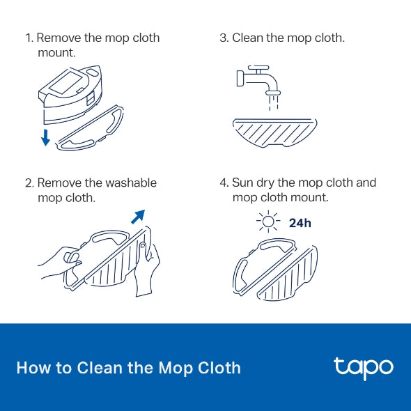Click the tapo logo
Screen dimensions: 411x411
point(363,367)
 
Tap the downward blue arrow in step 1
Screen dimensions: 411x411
point(46,137)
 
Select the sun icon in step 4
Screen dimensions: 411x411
point(267,223)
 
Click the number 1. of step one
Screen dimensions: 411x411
point(29,38)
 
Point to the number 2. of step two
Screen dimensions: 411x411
point(29,183)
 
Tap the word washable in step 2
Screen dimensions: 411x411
point(131,183)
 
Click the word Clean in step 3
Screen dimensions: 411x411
point(249,38)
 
